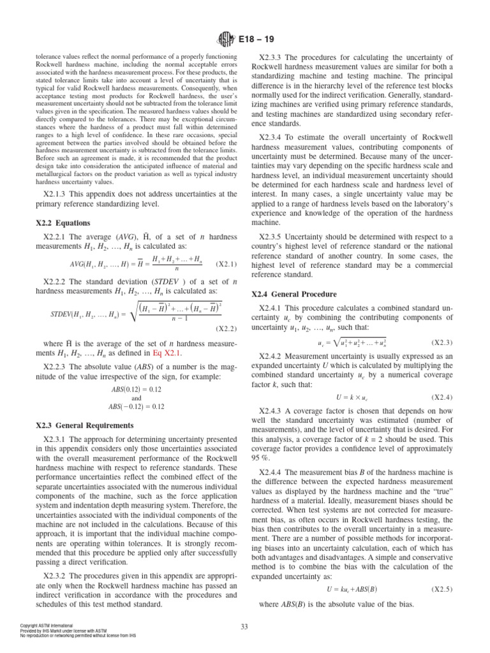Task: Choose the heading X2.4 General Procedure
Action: pos(293,295)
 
